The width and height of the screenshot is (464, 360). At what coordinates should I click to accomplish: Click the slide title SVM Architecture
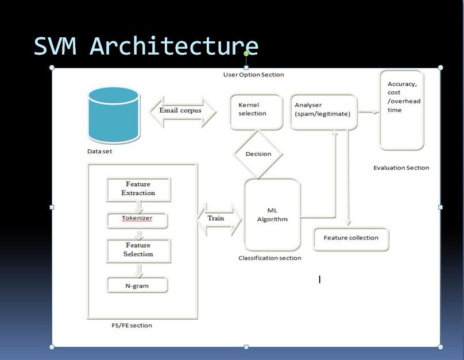146,46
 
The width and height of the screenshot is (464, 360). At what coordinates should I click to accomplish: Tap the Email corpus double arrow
182,111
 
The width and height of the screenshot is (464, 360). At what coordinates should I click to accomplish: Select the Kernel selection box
256,110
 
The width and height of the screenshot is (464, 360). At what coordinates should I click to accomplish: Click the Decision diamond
258,154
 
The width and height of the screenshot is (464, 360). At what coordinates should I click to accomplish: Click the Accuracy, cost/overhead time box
402,110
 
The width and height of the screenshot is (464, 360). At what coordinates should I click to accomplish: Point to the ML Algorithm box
272,214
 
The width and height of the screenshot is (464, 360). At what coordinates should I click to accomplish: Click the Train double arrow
219,219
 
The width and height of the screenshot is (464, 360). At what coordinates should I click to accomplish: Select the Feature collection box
351,238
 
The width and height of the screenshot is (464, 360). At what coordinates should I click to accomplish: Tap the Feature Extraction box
138,189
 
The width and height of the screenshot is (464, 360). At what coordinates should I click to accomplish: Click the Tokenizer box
137,219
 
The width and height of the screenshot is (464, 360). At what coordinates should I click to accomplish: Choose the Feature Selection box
138,250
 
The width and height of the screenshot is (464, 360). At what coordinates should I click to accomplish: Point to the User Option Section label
253,75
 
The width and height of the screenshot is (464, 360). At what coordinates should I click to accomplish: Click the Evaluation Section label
401,168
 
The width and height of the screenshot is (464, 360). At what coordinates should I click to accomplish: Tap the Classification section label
269,258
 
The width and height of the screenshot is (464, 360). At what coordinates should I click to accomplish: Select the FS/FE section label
132,326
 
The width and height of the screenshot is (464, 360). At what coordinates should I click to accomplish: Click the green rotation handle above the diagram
246,54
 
